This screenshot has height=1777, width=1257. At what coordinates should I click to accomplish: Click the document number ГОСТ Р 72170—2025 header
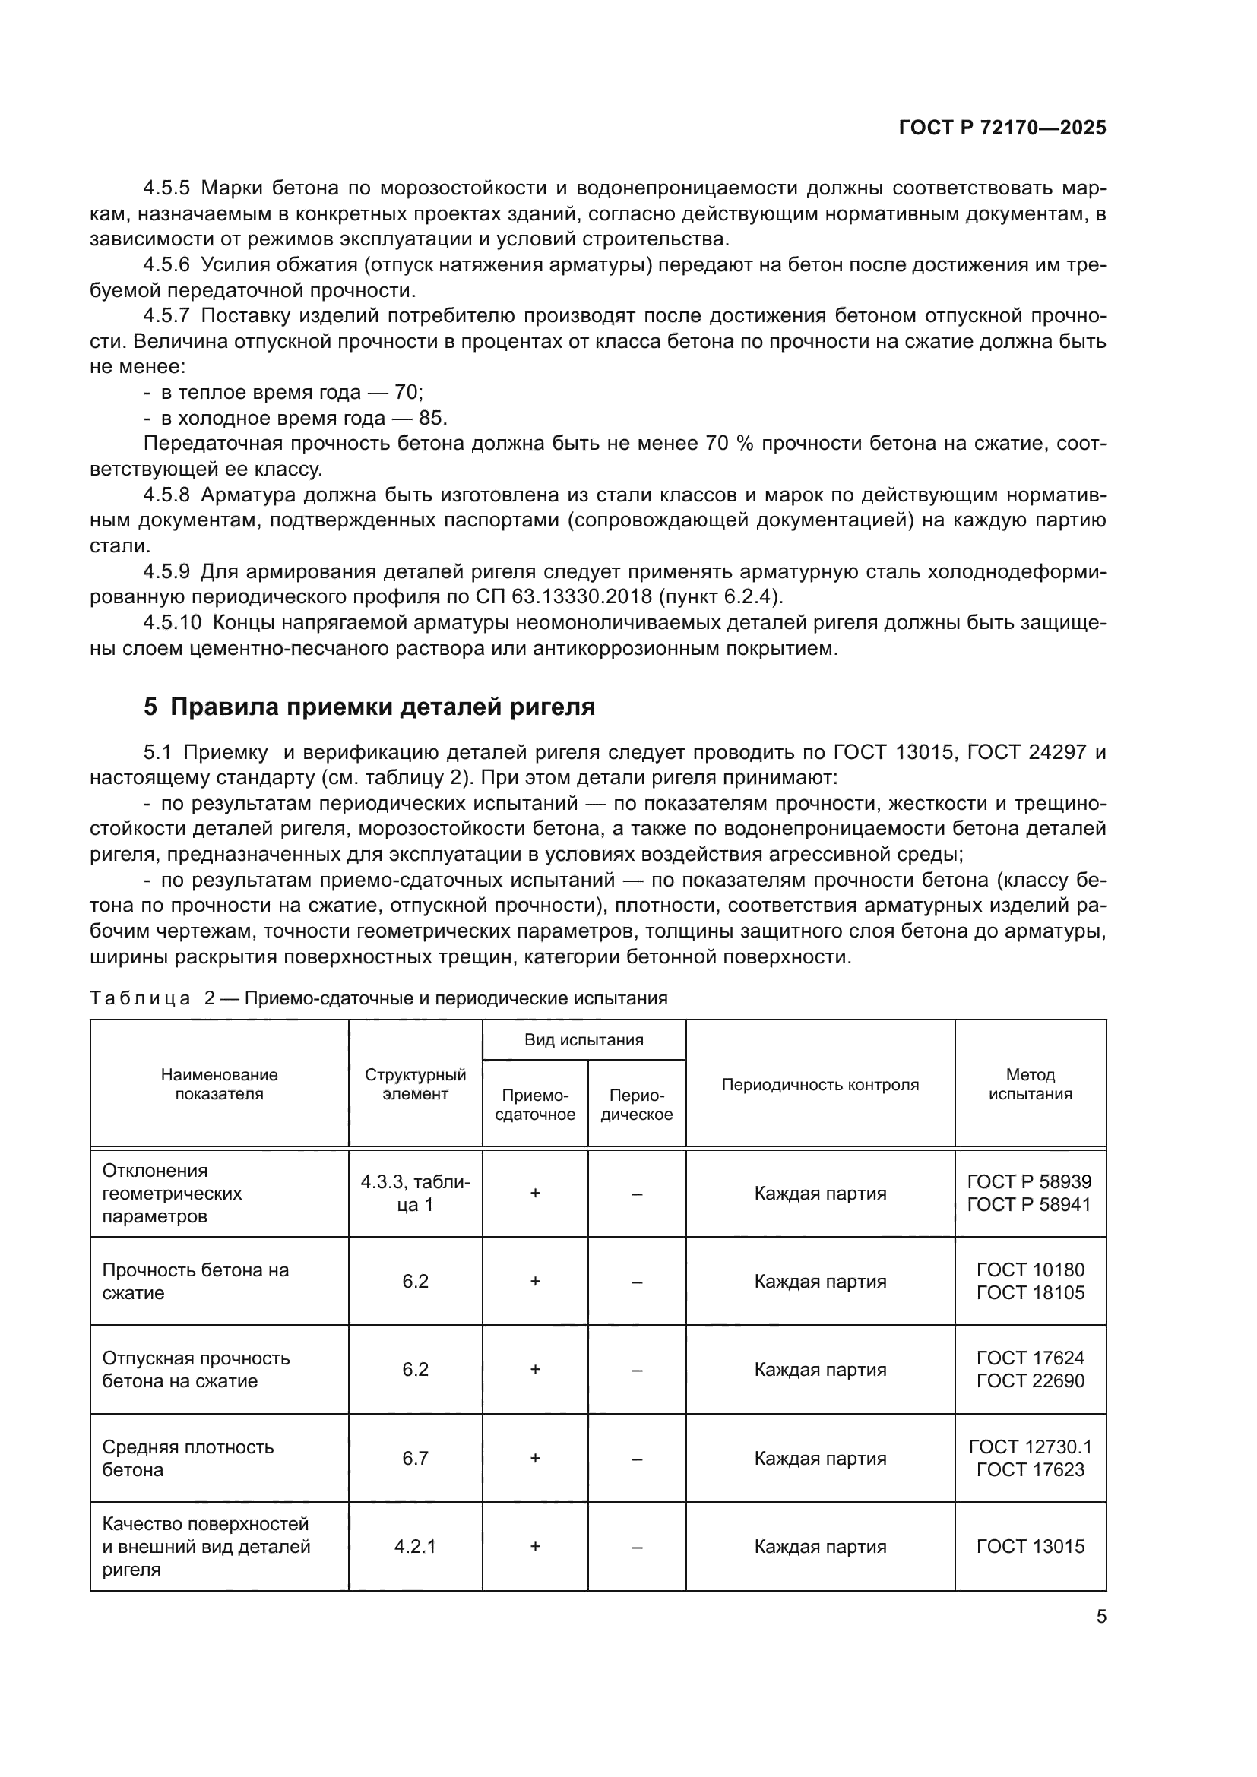[x=1002, y=128]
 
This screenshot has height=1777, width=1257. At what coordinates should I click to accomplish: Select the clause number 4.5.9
[x=166, y=572]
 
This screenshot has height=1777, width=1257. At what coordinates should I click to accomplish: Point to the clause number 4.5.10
[x=172, y=623]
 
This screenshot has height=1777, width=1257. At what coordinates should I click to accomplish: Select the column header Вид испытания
[x=584, y=1039]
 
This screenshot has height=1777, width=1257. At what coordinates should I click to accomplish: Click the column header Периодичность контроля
[x=820, y=1084]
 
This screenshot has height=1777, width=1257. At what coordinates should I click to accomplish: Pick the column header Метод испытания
[x=1030, y=1084]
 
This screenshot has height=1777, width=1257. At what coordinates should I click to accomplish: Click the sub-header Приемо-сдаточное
[x=535, y=1105]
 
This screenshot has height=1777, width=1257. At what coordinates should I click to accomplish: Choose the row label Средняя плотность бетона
[x=188, y=1458]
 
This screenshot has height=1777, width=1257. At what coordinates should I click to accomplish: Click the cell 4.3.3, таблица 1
[x=415, y=1193]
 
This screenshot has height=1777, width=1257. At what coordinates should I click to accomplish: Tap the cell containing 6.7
[x=415, y=1458]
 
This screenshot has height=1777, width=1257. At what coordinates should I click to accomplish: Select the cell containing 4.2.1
[x=415, y=1546]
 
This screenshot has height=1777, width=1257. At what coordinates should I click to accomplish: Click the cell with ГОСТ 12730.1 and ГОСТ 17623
[x=1030, y=1458]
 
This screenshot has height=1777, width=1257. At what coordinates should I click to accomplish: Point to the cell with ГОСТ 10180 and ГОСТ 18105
[x=1030, y=1281]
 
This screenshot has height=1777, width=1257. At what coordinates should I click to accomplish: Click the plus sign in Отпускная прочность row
[x=535, y=1369]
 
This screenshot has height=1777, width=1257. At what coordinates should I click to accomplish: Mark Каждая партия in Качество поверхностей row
[x=820, y=1546]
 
